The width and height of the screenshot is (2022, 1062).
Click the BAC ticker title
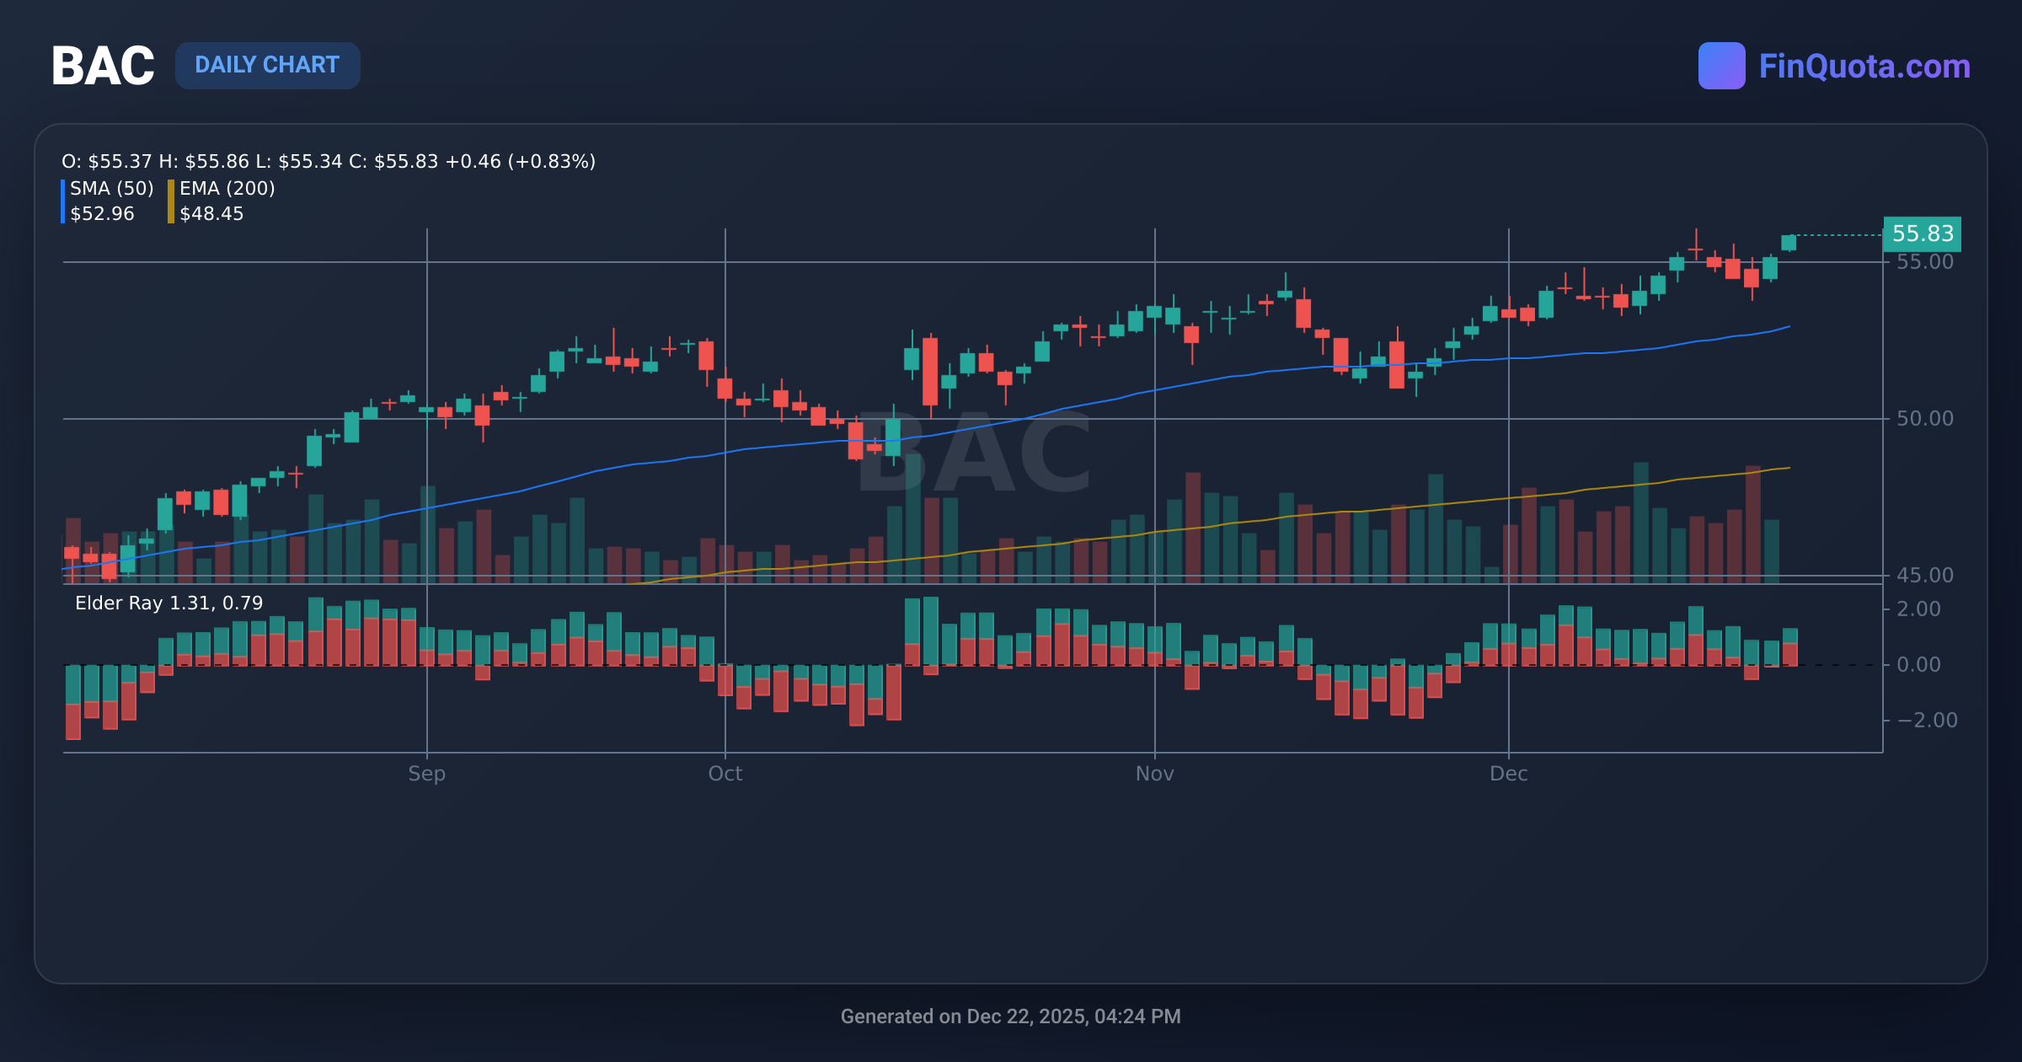103,66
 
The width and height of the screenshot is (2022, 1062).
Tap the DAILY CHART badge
267,66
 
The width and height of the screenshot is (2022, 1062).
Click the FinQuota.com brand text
1864,66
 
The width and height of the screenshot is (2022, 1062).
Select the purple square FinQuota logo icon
1721,66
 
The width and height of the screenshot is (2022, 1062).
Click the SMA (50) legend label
111,188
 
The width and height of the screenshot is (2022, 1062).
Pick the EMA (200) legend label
227,188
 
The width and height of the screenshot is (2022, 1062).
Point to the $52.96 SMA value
102,214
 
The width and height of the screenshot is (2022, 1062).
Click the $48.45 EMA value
211,214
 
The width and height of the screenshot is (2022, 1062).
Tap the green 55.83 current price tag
1922,233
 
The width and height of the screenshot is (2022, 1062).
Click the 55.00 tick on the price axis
1924,262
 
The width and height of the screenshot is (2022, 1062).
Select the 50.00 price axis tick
1924,419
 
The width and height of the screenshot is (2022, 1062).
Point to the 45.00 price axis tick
1924,576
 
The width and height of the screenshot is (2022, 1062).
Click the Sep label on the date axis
426,774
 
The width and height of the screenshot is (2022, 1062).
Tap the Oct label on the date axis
725,774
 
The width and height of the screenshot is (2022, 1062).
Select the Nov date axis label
1154,774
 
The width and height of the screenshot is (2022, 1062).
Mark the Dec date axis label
1508,774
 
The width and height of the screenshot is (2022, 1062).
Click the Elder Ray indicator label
168,603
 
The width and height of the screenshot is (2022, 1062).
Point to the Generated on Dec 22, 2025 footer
1010,1016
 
